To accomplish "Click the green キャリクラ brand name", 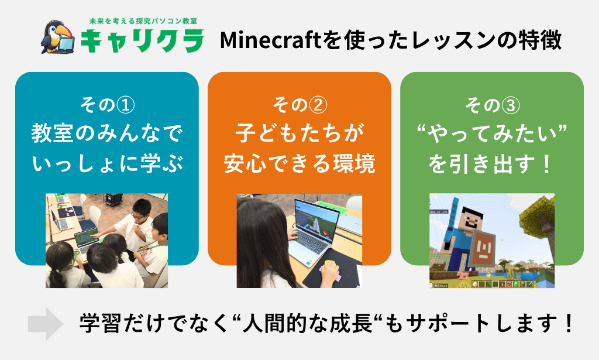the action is coord(143,40).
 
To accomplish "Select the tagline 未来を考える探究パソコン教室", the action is coord(143,22).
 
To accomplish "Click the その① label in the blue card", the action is coord(107,105).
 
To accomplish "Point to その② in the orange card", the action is coord(299,105).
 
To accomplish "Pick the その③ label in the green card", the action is coord(492,105).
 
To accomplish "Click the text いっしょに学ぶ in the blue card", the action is coord(108,163).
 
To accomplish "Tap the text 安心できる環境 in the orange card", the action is coord(299,163).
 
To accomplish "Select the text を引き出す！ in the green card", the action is coord(490,163).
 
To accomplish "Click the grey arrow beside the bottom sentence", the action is coord(46,324).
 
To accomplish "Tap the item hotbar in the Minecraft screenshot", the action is coord(502,284).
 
